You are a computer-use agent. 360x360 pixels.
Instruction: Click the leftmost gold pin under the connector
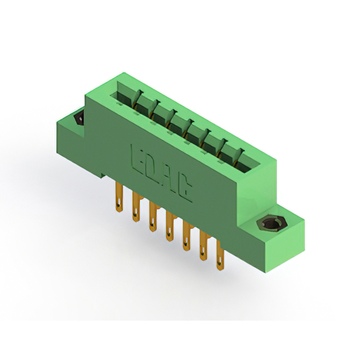(x=119, y=197)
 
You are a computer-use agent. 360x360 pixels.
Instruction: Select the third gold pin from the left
(x=153, y=217)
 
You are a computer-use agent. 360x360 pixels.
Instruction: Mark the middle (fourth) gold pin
(x=170, y=227)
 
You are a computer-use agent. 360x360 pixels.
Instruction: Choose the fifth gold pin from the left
(x=187, y=236)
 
